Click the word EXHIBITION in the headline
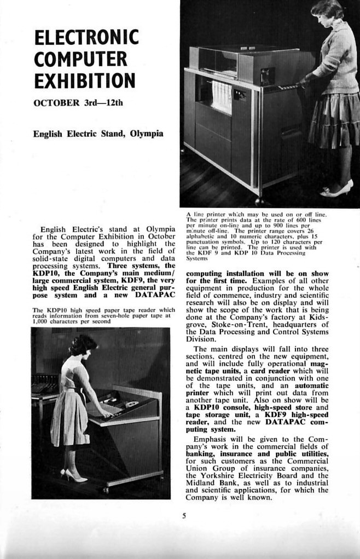84,80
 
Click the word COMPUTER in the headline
80,59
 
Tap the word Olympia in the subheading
146,133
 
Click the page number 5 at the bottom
184,514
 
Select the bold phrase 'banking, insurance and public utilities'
257,454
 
